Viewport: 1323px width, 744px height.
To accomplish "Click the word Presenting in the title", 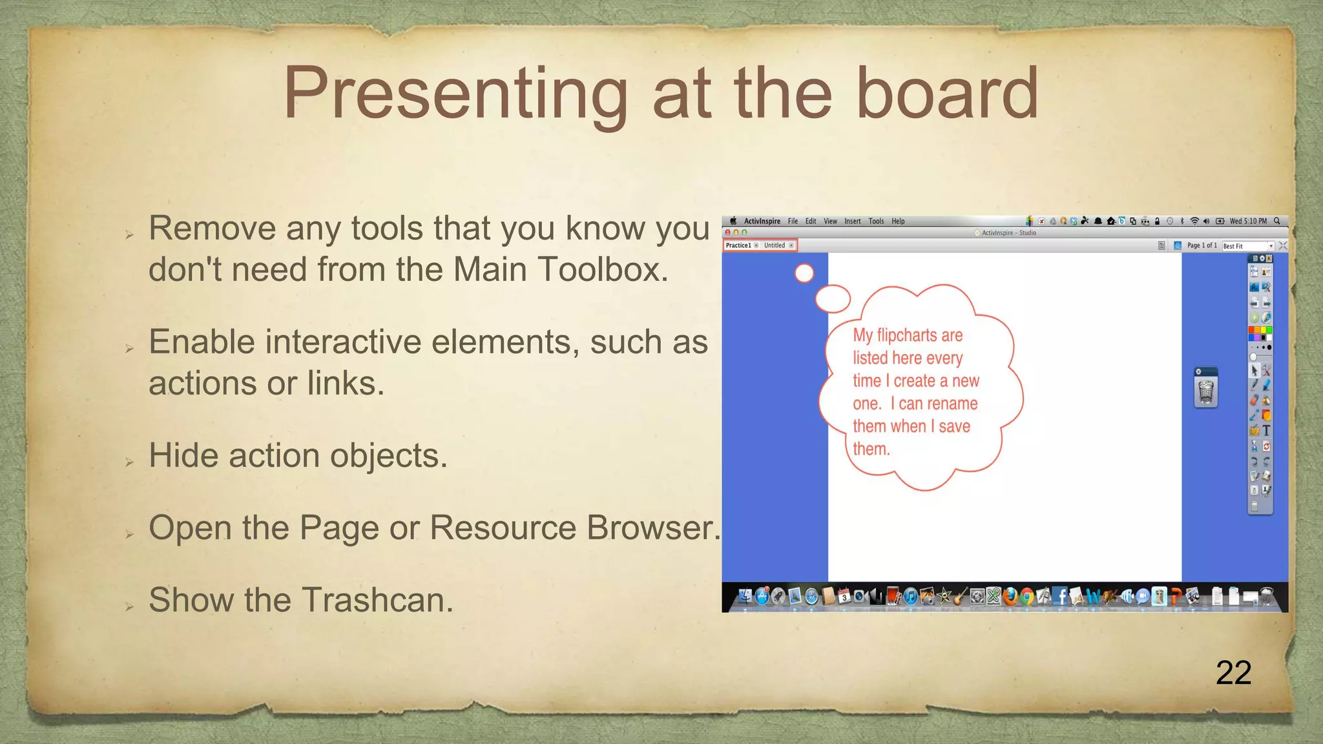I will [455, 94].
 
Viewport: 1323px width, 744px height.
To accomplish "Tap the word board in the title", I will [947, 94].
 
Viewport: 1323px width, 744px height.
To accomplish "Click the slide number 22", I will [1233, 673].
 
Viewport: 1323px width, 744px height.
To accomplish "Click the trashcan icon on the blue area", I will [1206, 391].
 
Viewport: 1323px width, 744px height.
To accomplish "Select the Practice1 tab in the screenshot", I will [738, 245].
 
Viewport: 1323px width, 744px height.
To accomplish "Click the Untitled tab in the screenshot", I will [774, 245].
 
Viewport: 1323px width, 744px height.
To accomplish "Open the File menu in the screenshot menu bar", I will [793, 221].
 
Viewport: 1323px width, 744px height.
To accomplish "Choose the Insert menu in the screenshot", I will [852, 221].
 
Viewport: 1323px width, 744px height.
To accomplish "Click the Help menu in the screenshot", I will [898, 221].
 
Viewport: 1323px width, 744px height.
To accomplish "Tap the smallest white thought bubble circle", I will [804, 273].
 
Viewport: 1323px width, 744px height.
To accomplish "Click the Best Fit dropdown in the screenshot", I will [1247, 246].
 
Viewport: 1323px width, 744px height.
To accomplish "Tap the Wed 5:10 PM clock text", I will [1248, 221].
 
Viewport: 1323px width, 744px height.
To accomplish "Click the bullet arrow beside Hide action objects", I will [129, 462].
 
